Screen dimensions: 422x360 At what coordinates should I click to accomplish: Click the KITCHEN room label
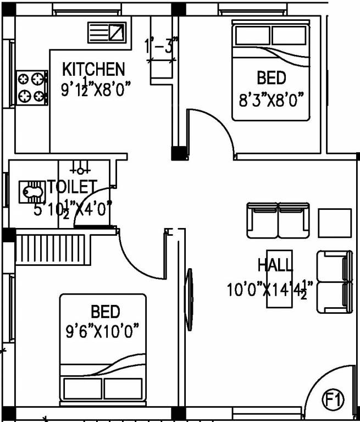pyautogui.click(x=93, y=70)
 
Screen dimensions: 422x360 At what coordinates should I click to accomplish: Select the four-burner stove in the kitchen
pyautogui.click(x=31, y=87)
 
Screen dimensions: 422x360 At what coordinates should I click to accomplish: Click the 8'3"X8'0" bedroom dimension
pyautogui.click(x=271, y=101)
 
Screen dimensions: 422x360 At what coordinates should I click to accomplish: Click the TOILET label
pyautogui.click(x=72, y=187)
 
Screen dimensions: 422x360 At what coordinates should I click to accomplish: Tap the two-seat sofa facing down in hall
pyautogui.click(x=278, y=220)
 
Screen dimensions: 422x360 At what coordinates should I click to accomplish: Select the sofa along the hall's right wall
pyautogui.click(x=334, y=282)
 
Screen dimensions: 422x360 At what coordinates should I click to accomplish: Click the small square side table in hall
pyautogui.click(x=334, y=222)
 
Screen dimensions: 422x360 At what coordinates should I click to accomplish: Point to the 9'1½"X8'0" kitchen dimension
pyautogui.click(x=97, y=88)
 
